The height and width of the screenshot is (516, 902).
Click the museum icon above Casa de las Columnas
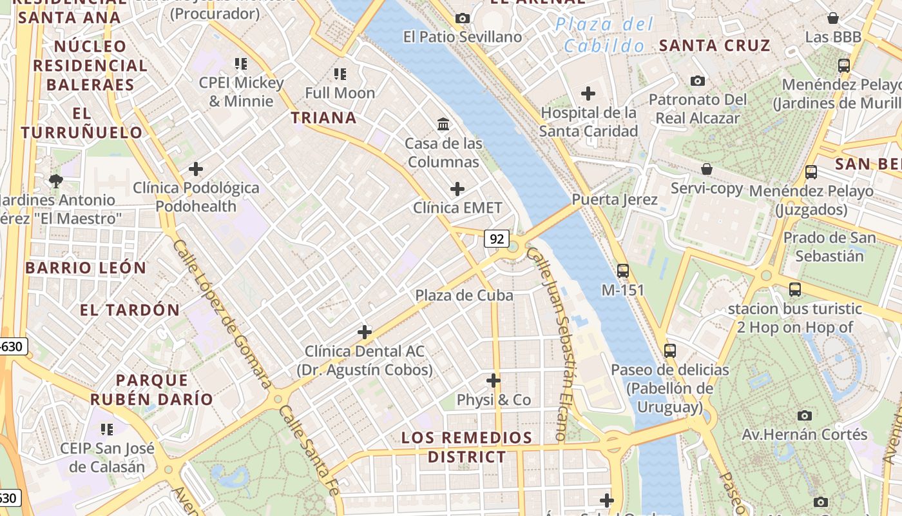pos(443,124)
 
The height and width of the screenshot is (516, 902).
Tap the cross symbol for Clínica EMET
pos(457,189)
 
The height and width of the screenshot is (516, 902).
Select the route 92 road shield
pos(497,239)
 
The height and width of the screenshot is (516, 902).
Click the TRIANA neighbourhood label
pos(323,117)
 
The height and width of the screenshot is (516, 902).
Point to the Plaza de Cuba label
pos(464,295)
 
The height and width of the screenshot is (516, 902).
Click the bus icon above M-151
pos(622,271)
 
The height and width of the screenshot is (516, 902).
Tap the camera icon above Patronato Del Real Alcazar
pos(697,81)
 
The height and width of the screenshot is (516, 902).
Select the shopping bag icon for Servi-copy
pos(707,169)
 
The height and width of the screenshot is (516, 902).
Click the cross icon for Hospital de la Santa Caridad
pos(588,94)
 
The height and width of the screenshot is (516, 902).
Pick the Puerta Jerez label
pos(615,199)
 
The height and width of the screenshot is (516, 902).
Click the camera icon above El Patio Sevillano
pos(462,18)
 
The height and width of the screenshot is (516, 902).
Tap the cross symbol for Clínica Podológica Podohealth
pos(196,169)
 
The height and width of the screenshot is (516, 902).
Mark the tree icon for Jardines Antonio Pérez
pos(56,181)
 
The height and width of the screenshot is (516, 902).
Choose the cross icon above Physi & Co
pos(494,381)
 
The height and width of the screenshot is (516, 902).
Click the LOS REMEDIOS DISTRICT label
pos(467,447)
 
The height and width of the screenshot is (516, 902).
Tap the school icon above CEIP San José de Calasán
pos(107,429)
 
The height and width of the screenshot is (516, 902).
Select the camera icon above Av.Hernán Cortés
pos(804,415)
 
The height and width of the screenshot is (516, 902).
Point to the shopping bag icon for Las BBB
pos(833,18)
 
